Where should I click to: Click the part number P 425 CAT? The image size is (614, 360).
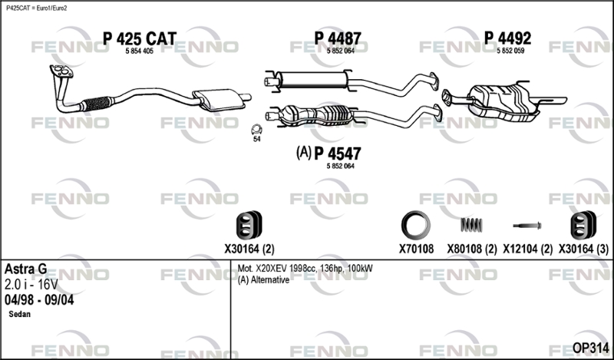(x=139, y=38)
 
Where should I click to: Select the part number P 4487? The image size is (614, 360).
(x=338, y=38)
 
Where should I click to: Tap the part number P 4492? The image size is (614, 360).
(x=507, y=38)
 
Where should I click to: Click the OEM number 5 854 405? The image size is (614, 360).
(x=139, y=51)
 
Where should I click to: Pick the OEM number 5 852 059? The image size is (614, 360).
(x=510, y=51)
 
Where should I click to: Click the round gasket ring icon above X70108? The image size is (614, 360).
(x=416, y=225)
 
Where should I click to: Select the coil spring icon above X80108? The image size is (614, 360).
(x=471, y=225)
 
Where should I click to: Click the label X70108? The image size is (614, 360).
(x=416, y=249)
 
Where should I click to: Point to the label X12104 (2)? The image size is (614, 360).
(x=527, y=249)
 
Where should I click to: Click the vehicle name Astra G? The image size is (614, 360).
(x=25, y=269)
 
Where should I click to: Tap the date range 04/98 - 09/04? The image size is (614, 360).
(x=39, y=299)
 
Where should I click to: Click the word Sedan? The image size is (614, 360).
(x=20, y=315)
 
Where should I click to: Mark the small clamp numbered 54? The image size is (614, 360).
(x=256, y=130)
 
